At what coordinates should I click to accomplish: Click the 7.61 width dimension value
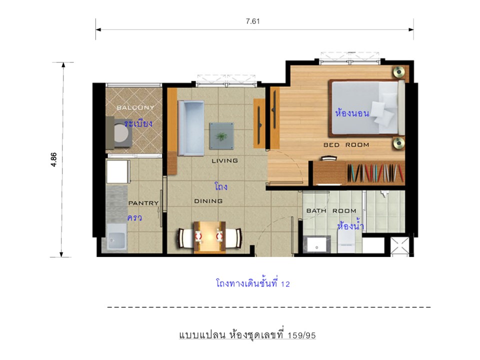pyautogui.click(x=252, y=21)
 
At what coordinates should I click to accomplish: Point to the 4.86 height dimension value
pyautogui.click(x=53, y=159)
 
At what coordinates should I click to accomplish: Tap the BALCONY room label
pyautogui.click(x=135, y=107)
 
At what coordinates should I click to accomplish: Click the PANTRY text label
pyautogui.click(x=143, y=203)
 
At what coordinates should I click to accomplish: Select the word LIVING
pyautogui.click(x=224, y=160)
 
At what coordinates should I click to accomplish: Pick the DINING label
pyautogui.click(x=208, y=201)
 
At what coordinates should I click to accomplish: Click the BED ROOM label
pyautogui.click(x=346, y=145)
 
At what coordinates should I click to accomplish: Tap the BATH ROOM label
pyautogui.click(x=331, y=210)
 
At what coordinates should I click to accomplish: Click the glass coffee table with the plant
pyautogui.click(x=221, y=136)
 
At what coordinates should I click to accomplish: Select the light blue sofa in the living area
pyautogui.click(x=191, y=128)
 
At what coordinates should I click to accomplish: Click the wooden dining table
pyautogui.click(x=209, y=237)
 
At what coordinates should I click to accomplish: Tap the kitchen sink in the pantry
pyautogui.click(x=116, y=237)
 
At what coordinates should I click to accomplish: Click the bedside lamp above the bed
pyautogui.click(x=399, y=72)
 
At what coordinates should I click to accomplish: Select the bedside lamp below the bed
pyautogui.click(x=399, y=143)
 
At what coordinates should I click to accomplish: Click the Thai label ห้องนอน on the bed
pyautogui.click(x=352, y=113)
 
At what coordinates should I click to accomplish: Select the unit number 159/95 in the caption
pyautogui.click(x=301, y=335)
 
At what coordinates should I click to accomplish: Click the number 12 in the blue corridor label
pyautogui.click(x=285, y=284)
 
